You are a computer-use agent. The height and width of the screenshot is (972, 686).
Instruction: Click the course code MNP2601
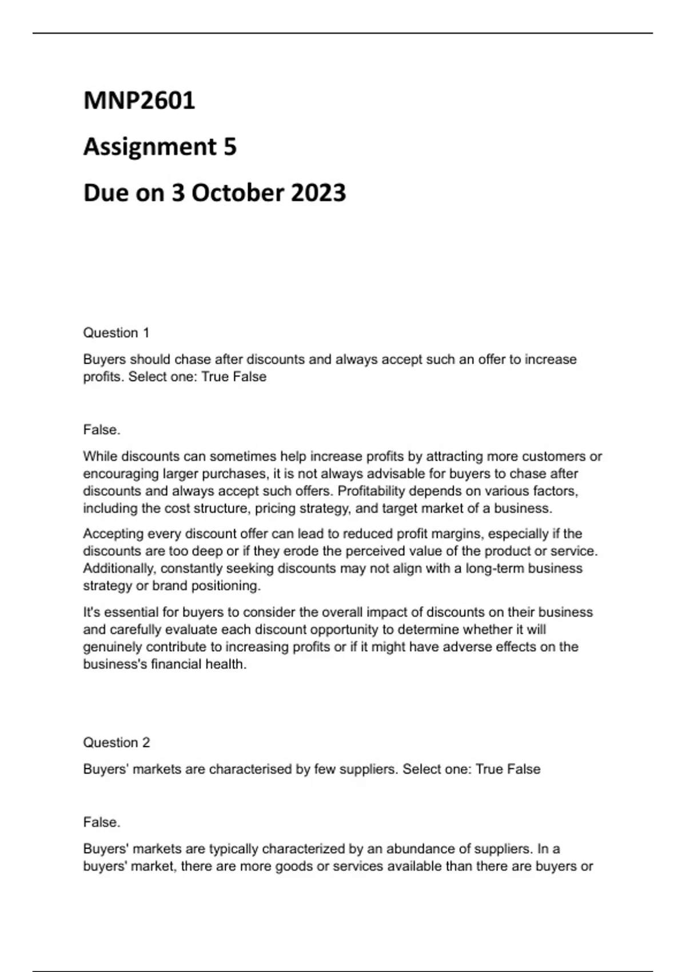[139, 101]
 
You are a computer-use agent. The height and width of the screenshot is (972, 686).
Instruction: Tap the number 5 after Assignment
[229, 147]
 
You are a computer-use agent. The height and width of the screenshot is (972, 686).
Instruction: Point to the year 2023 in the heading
[318, 193]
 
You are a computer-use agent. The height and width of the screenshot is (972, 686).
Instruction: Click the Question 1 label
[116, 333]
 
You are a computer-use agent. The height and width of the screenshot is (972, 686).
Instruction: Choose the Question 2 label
[116, 743]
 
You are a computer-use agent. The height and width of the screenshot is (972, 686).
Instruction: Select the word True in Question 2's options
[489, 769]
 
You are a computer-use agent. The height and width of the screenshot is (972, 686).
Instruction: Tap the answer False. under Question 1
[102, 429]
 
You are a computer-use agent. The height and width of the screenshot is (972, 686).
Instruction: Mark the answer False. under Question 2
[102, 822]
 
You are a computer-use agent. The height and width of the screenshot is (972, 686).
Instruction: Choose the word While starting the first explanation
[99, 456]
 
